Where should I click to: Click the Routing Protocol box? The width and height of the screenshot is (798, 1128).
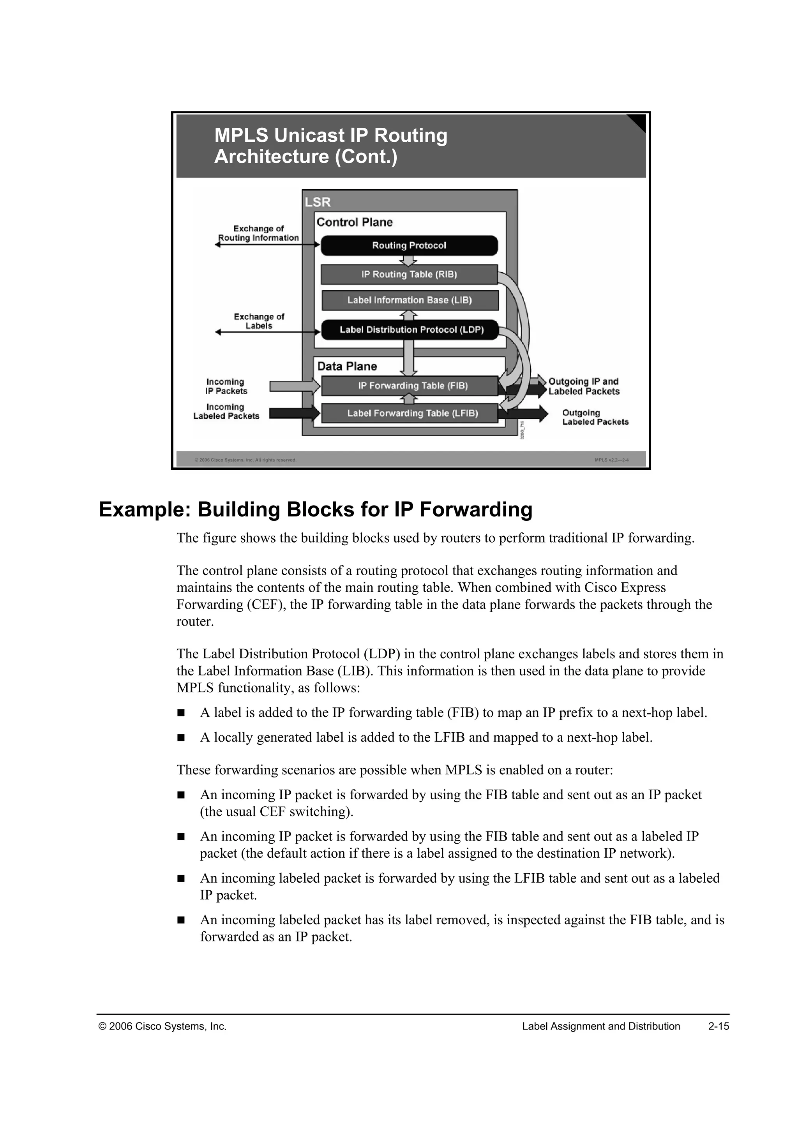click(409, 246)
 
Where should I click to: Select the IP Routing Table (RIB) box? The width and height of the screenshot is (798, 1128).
click(409, 275)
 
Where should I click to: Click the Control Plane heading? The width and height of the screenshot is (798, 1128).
click(354, 222)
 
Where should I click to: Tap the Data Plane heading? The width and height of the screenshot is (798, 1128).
click(347, 367)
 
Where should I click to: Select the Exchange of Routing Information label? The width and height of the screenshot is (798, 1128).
click(258, 233)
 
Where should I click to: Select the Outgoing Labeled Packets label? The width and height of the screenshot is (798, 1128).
click(595, 418)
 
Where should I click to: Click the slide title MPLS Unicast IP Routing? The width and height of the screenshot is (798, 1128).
click(331, 136)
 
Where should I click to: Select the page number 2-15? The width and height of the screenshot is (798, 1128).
click(719, 1026)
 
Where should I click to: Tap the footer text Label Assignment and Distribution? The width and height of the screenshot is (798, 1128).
click(600, 1026)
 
